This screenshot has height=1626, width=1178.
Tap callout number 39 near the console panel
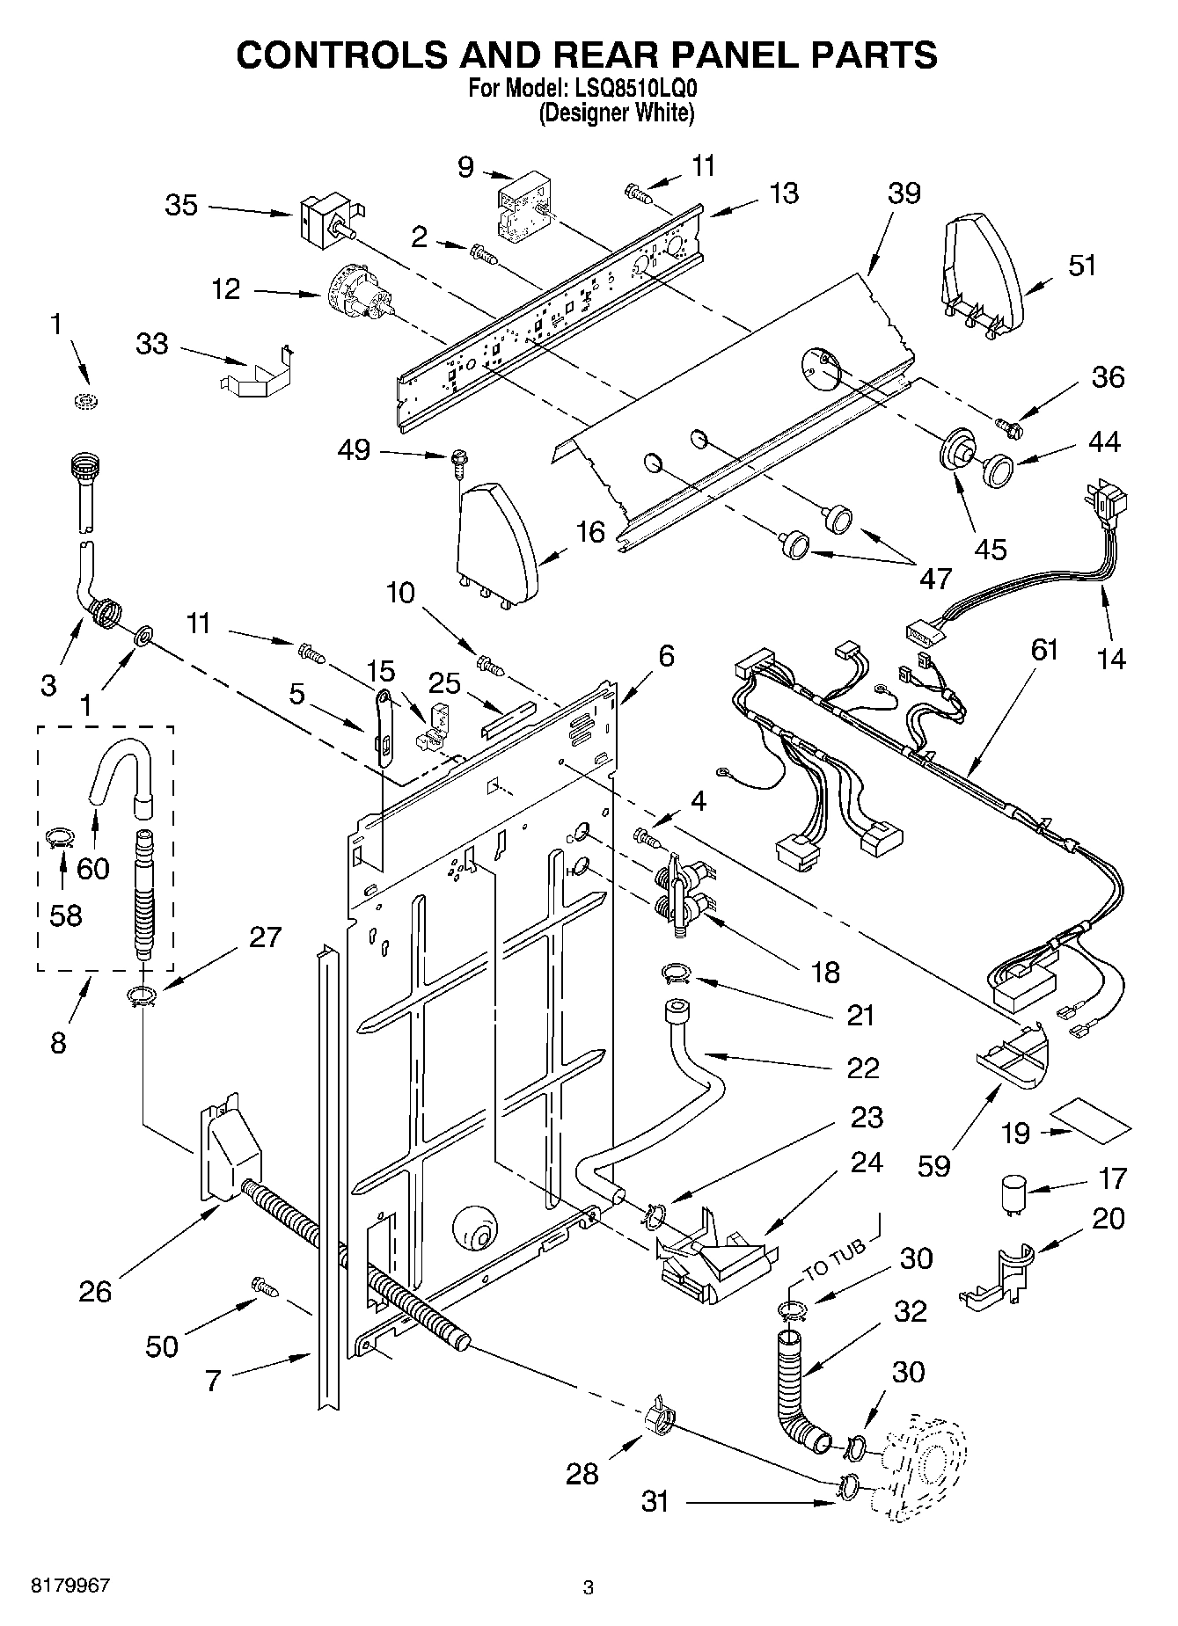(903, 193)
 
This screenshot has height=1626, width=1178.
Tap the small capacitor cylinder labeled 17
(1013, 1196)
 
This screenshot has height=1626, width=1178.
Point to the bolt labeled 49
(458, 460)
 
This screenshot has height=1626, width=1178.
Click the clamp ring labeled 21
(676, 973)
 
